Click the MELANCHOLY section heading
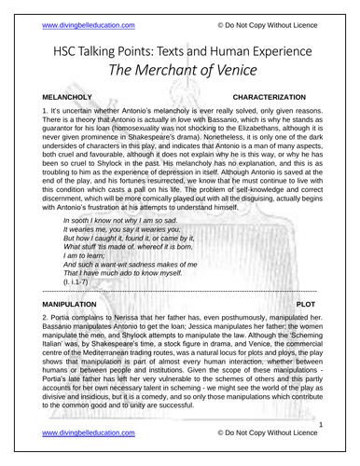[x=57, y=96]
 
